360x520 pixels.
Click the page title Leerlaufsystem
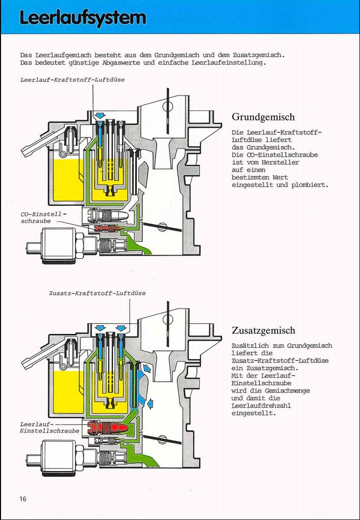[83, 17]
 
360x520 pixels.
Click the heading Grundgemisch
[263, 117]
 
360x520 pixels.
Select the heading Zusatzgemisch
[263, 331]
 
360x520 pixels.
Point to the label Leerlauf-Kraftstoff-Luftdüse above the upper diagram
[72, 80]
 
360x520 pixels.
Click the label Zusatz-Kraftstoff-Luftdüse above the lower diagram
[98, 293]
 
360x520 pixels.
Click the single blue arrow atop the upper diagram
[100, 116]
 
